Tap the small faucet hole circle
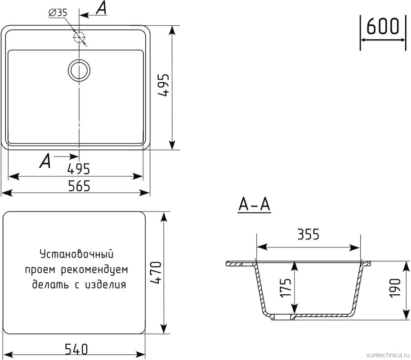click(x=79, y=37)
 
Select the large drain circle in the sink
click(x=79, y=70)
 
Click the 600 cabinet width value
click(x=383, y=27)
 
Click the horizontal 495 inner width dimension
click(x=79, y=169)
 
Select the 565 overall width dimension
click(x=79, y=185)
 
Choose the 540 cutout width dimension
click(x=76, y=349)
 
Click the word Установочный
click(x=76, y=254)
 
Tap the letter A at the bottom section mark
click(x=45, y=161)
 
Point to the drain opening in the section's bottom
click(x=283, y=317)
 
